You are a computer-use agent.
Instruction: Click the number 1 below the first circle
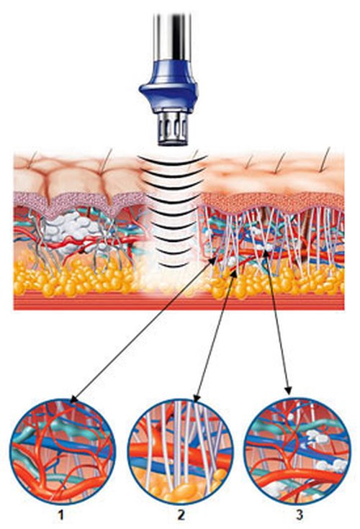60,515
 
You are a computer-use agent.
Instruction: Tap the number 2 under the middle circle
181,515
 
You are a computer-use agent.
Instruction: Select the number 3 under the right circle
300,515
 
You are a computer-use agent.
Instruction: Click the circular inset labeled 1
63,452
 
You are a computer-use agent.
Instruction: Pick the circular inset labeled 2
181,452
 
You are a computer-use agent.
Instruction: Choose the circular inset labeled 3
297,452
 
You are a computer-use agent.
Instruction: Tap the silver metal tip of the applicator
173,129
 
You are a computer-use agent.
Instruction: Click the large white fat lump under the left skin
73,230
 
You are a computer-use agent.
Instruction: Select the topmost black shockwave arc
173,160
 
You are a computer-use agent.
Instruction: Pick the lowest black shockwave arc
172,265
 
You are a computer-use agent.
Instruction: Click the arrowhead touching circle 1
73,399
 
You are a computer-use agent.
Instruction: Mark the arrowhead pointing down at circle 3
289,390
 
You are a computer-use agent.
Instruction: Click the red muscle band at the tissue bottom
179,302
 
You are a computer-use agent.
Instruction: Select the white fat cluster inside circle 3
317,438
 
